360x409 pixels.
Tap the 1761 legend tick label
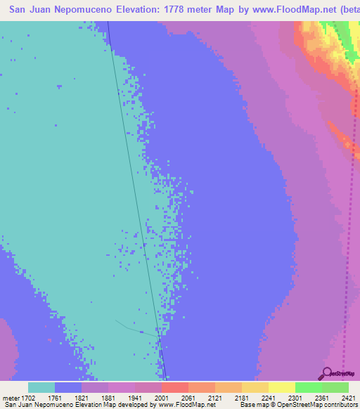point(67,397)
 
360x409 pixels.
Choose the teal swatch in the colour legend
point(41,387)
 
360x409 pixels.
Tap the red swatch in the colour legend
point(175,387)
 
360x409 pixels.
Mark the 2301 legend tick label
point(308,397)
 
